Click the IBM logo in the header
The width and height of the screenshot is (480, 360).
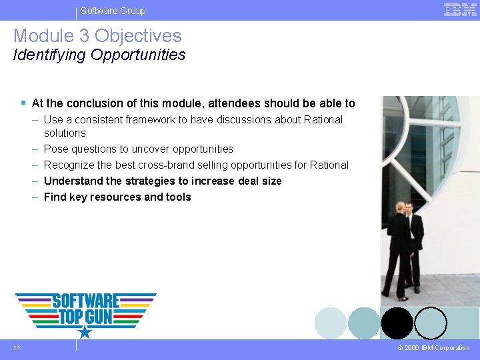click(460, 10)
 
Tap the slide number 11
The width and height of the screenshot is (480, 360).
click(17, 347)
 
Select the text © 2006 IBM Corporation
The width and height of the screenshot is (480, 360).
click(433, 348)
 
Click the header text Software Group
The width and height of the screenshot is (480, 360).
click(113, 11)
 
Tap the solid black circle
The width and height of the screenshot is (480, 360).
click(397, 323)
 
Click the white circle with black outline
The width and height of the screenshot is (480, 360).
click(431, 323)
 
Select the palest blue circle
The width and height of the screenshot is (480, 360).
click(331, 323)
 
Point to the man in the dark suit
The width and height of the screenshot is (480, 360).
click(415, 243)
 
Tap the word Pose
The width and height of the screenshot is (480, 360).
click(55, 149)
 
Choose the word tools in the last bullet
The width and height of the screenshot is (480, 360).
click(179, 197)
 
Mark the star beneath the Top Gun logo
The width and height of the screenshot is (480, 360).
click(85, 331)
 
